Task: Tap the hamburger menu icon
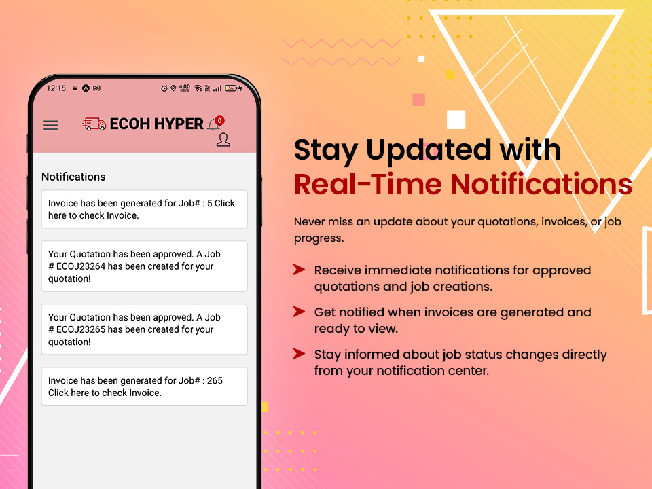pos(51,125)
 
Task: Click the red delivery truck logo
pos(94,124)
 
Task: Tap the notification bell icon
pos(214,124)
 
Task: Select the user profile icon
pos(223,140)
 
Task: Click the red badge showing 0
pos(219,121)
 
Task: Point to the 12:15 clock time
pos(56,88)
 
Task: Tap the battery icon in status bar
pos(231,88)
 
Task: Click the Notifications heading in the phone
pos(73,177)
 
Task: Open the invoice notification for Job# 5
pos(144,209)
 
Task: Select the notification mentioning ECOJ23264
pos(144,266)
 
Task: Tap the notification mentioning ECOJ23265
pos(144,329)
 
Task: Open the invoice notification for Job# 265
pos(144,386)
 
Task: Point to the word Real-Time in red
pos(368,184)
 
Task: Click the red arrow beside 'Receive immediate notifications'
pos(299,270)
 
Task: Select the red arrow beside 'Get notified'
pos(299,312)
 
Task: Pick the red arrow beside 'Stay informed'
pos(299,353)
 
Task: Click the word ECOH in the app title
pos(130,124)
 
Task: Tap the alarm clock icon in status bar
pos(164,88)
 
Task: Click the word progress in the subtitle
pos(319,238)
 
